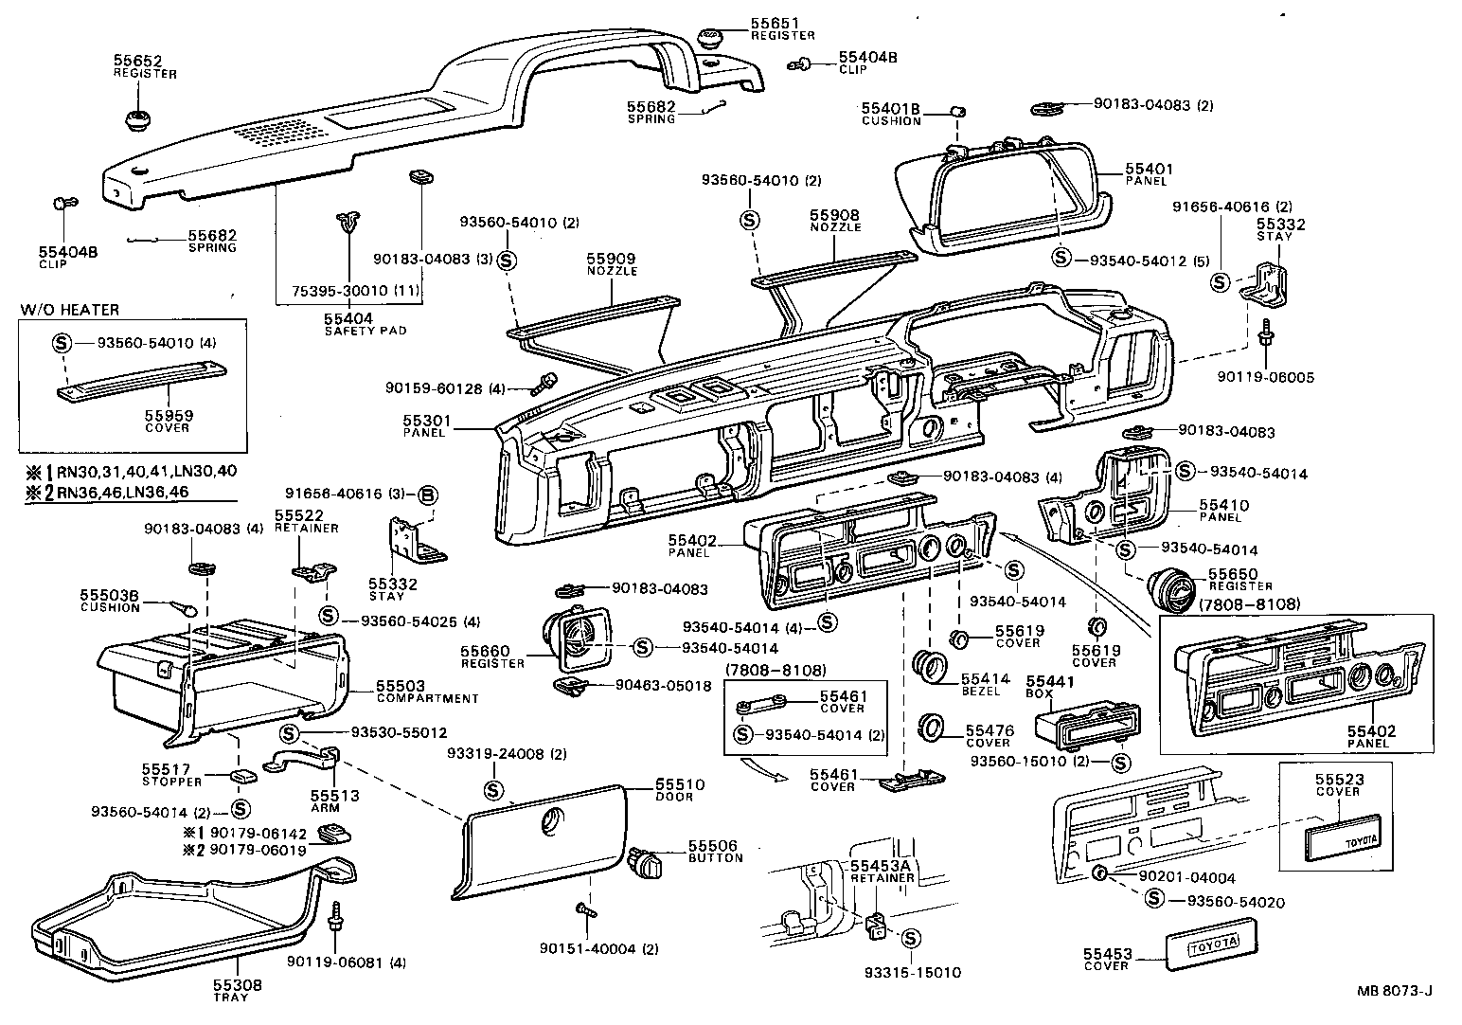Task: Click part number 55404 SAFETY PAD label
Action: click(348, 323)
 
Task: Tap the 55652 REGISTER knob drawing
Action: click(139, 120)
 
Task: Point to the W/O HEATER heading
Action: click(69, 310)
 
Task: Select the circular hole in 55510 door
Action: click(550, 822)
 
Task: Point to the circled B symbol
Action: click(427, 494)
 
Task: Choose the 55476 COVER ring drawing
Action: click(935, 728)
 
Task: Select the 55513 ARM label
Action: click(335, 800)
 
